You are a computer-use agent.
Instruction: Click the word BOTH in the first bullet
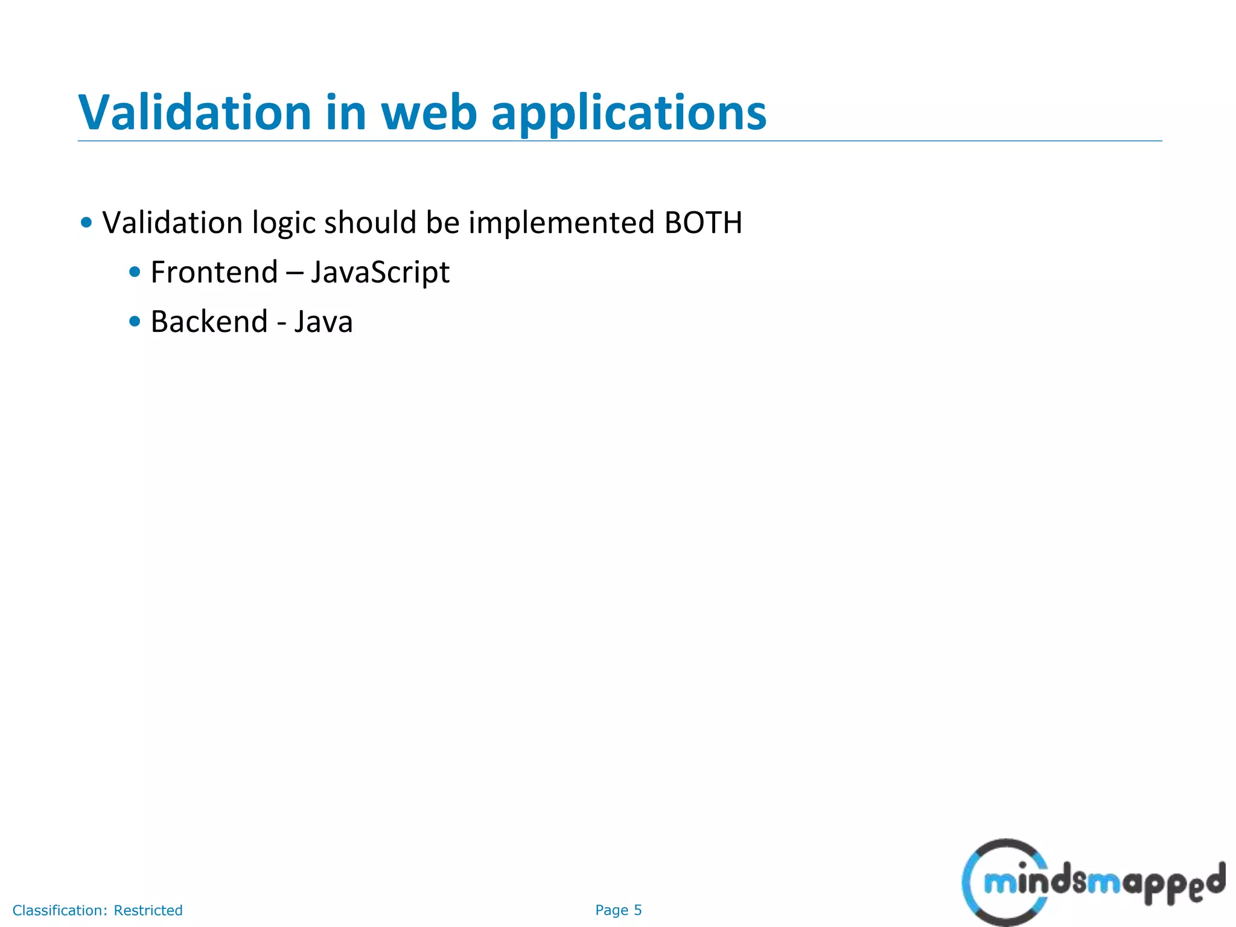tap(703, 223)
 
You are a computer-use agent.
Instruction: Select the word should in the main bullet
tap(371, 223)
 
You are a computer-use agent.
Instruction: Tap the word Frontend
tap(214, 272)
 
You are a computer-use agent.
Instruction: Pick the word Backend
tap(209, 322)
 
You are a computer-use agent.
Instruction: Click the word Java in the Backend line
tap(323, 322)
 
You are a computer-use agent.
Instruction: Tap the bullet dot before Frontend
tap(135, 272)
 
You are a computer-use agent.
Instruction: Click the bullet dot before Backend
tap(135, 322)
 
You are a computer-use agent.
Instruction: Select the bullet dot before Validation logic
tap(86, 223)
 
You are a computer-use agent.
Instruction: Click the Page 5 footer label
tap(618, 910)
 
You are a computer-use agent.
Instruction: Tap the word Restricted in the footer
tap(148, 910)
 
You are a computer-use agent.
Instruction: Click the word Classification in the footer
tap(60, 910)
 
